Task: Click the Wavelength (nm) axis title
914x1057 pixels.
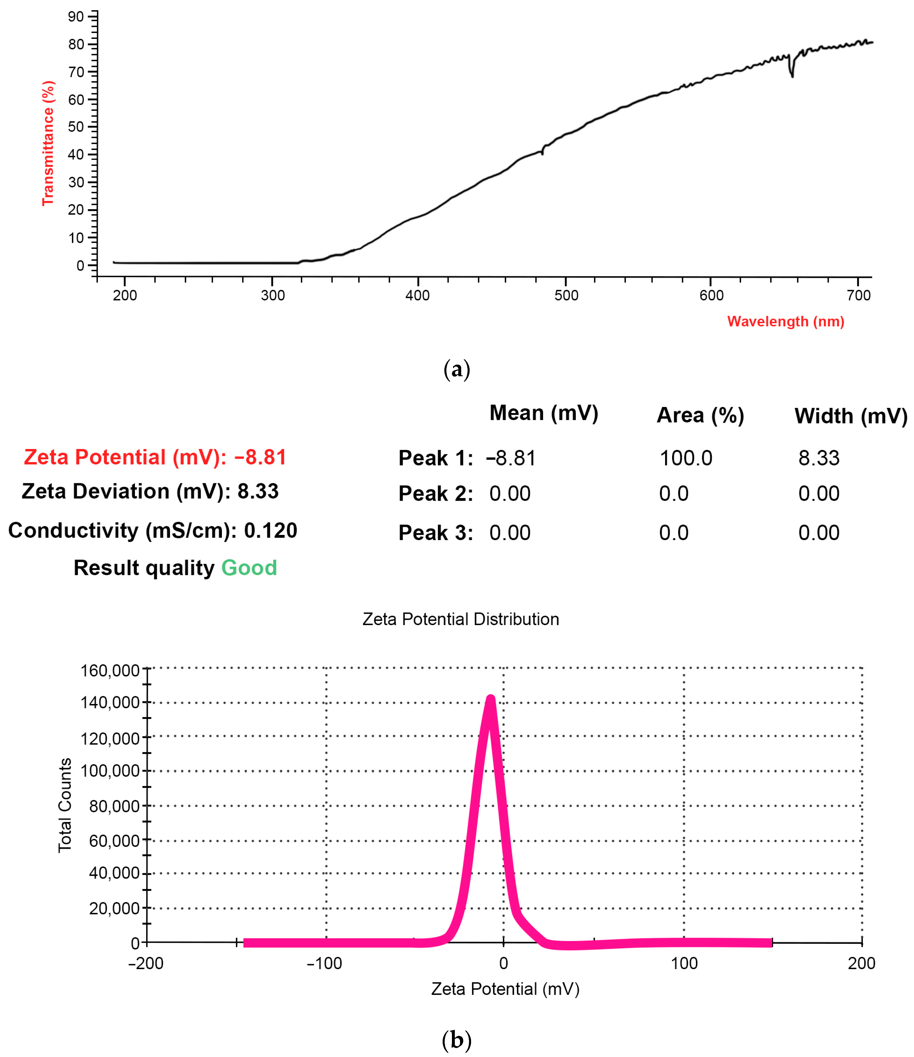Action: click(786, 321)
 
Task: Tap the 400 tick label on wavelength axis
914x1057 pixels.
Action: click(417, 295)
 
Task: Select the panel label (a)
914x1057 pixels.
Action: click(457, 369)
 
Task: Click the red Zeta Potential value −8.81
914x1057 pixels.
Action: click(260, 457)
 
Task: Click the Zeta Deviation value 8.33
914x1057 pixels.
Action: click(258, 491)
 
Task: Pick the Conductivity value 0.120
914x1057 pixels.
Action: click(270, 531)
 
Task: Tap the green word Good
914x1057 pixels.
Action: click(249, 568)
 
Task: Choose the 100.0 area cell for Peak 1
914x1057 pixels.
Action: click(685, 458)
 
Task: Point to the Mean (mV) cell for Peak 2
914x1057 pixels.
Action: click(510, 494)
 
